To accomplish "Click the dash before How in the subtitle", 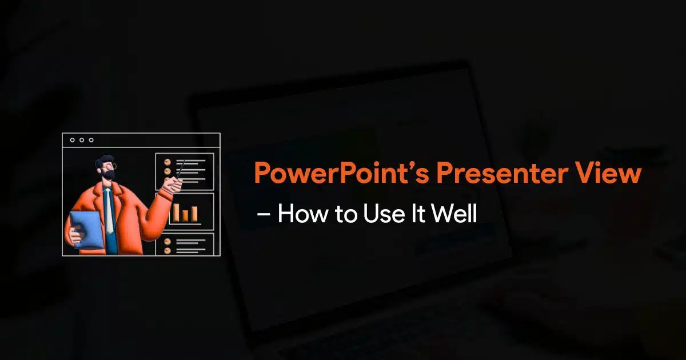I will point(264,215).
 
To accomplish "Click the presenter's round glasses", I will point(113,166).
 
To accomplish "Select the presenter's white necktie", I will point(108,211).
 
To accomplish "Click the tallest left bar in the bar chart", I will point(177,212).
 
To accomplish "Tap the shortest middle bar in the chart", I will point(186,215).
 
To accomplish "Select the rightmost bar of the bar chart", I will point(194,214).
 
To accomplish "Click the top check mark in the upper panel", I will point(167,162).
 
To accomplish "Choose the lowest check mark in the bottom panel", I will point(167,250).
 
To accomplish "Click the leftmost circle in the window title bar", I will point(73,140).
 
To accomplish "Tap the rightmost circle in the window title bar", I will point(91,140).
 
